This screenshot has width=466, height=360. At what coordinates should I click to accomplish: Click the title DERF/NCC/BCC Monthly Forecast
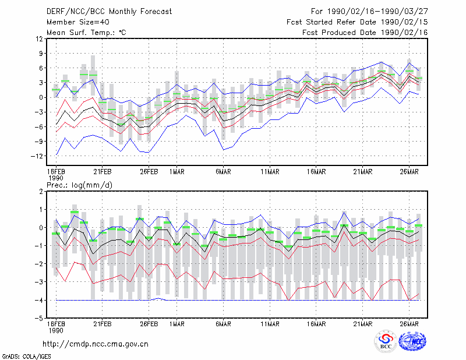point(109,12)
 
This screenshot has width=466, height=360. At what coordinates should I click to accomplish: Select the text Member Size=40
point(78,22)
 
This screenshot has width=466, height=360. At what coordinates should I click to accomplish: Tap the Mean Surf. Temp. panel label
point(86,33)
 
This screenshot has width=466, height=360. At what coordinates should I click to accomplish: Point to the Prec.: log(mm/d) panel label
point(79,185)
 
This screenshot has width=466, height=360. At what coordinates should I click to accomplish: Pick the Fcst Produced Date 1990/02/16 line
point(365,33)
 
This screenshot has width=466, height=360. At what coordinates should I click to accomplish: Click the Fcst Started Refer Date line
point(357,22)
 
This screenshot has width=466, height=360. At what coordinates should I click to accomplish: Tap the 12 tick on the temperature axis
point(40,39)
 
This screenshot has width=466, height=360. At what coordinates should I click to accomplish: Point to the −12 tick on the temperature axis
point(37,156)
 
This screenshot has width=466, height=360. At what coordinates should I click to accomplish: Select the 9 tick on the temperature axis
point(41,54)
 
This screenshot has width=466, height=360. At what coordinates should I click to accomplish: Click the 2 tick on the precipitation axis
point(41,191)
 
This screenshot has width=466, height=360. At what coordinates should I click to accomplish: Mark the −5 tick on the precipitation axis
point(38,319)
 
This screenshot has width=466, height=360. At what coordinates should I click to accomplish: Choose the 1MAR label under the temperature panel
point(177,172)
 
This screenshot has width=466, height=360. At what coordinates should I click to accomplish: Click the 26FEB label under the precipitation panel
point(149,324)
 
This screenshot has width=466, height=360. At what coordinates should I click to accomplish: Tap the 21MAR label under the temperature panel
point(362,172)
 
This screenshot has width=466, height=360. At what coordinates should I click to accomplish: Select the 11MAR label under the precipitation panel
point(270,324)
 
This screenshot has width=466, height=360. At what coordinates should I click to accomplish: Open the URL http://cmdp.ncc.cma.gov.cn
point(96,344)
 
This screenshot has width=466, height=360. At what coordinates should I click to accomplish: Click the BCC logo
point(386,342)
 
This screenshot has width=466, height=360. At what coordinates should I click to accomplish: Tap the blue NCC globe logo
point(412,341)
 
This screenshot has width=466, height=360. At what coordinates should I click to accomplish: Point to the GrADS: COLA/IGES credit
point(26,357)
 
